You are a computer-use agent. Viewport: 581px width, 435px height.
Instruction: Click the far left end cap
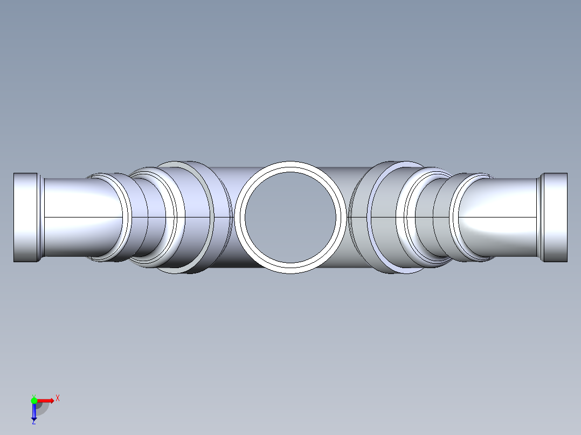25,217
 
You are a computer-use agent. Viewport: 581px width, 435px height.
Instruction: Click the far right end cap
555,217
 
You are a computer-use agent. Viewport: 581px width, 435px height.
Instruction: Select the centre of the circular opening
290,217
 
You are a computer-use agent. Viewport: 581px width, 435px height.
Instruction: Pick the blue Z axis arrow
34,412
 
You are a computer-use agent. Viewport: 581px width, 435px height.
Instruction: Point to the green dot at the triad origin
34,400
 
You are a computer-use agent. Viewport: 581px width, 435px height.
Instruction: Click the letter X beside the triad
58,398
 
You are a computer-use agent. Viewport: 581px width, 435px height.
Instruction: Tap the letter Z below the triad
33,422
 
